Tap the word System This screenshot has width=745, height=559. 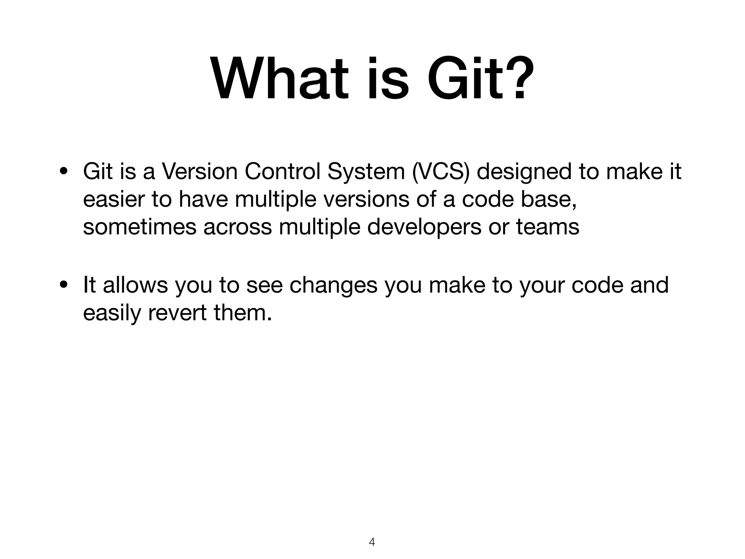click(366, 171)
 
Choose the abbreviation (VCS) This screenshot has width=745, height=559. click(441, 171)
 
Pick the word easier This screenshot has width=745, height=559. click(114, 199)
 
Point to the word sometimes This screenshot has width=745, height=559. click(140, 227)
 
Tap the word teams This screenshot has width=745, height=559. click(548, 227)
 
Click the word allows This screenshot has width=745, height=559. click(135, 285)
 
